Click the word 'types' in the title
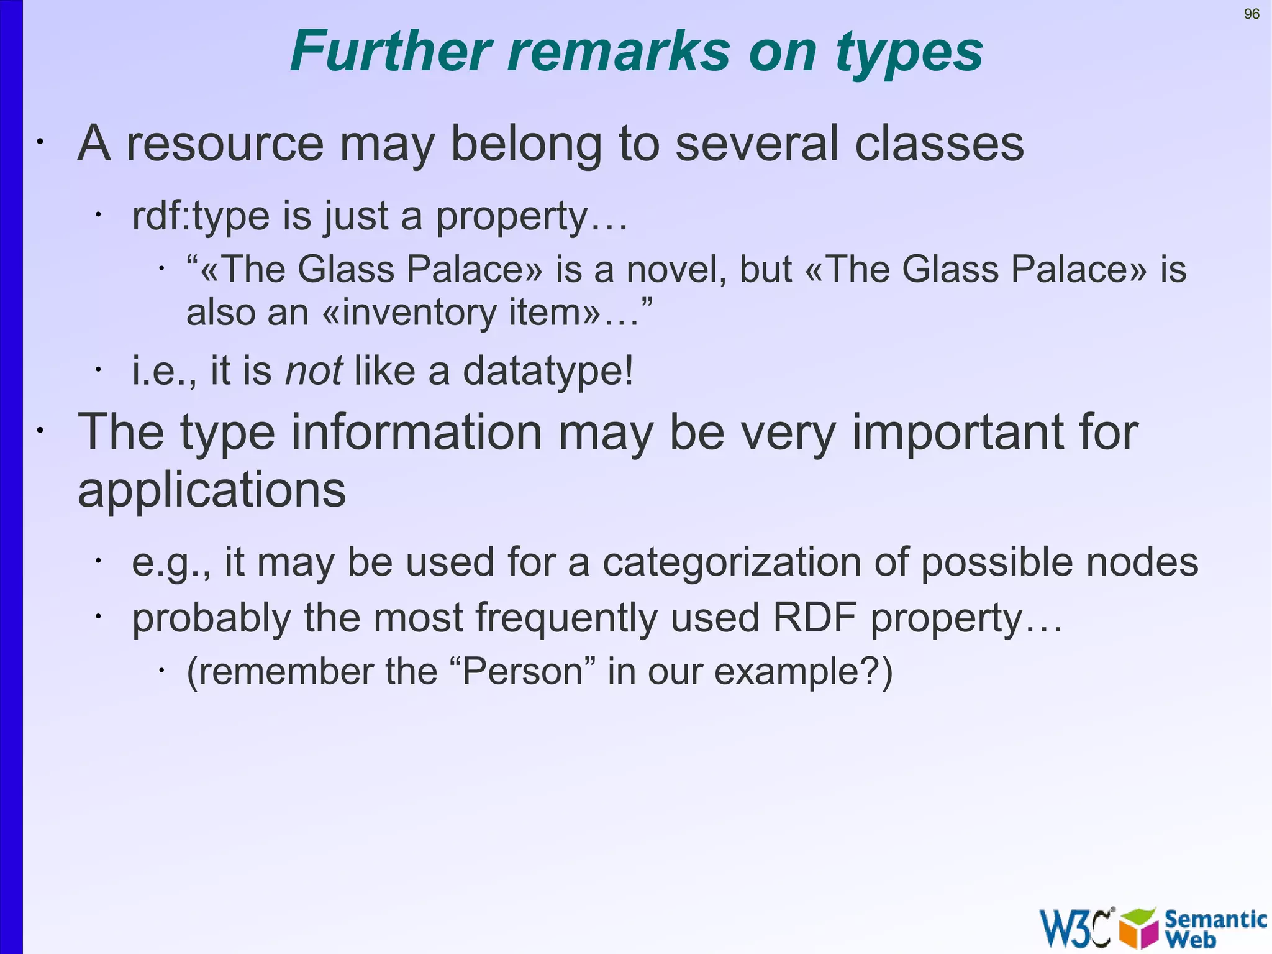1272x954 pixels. tap(909, 53)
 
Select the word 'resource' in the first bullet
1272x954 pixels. tap(225, 144)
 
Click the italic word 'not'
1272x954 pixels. tap(313, 371)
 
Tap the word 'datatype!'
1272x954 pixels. tap(548, 372)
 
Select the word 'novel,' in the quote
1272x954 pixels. tap(676, 270)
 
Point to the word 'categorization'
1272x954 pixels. tap(732, 562)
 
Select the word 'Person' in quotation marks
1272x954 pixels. tap(522, 672)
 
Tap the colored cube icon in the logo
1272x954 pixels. tap(1138, 928)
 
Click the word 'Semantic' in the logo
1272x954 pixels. tap(1215, 919)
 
